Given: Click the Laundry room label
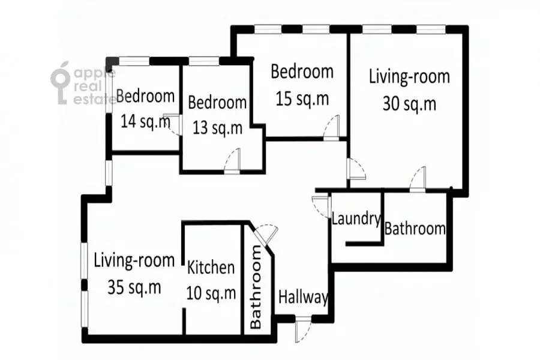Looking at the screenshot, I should click(x=356, y=219).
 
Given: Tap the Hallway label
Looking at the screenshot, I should click(x=303, y=297).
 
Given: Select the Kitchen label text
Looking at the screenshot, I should click(x=211, y=268).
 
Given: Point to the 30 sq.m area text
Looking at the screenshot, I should click(x=409, y=103).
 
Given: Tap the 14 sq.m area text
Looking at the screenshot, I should click(x=145, y=122).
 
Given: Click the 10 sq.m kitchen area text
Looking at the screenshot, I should click(x=211, y=293).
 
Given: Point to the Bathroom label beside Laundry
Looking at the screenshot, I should click(x=415, y=229).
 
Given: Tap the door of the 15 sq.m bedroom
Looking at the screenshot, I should click(x=332, y=128).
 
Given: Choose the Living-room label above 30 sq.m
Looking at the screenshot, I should click(x=409, y=77).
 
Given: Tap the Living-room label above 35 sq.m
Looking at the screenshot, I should click(x=134, y=260).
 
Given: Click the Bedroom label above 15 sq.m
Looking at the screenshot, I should click(x=302, y=72).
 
